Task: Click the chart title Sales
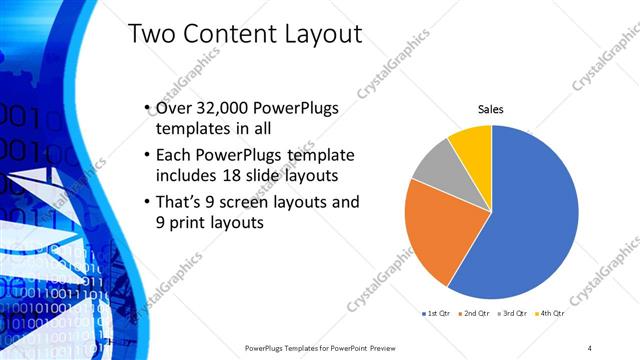click(490, 109)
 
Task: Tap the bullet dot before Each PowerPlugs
click(147, 156)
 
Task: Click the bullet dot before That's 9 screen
click(147, 202)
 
